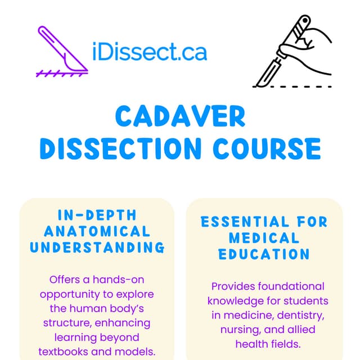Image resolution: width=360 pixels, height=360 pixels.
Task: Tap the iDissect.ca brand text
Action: pos(150,52)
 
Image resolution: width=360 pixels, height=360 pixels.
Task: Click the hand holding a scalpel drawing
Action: pos(295,48)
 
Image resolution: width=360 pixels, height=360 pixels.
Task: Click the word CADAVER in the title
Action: pos(180,117)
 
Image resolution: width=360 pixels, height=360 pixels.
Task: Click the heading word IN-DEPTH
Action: pos(97,215)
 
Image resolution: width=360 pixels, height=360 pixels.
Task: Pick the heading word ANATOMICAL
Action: pos(97,231)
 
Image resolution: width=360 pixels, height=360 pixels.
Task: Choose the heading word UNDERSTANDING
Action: pos(97,247)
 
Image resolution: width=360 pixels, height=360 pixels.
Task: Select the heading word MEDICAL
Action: pos(264,238)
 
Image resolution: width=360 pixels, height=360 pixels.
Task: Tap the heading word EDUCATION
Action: pos(264,254)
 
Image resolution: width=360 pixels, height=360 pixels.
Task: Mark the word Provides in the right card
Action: pos(231,286)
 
